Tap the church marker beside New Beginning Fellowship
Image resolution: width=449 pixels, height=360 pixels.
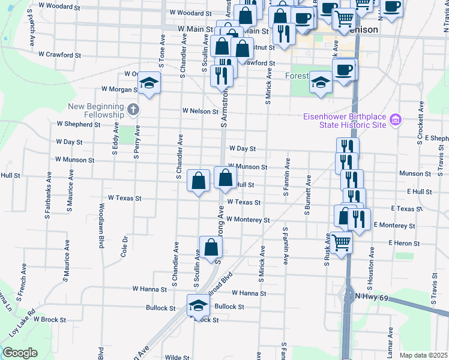[x=133, y=110]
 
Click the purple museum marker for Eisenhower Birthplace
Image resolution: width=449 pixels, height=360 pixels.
[x=395, y=121]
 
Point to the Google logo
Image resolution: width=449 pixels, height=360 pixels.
[x=20, y=353]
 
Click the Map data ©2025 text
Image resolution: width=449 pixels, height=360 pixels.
[x=423, y=355]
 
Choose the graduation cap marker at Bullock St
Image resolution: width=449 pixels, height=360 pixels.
[x=199, y=305]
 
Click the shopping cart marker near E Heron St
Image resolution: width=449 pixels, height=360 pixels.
[x=341, y=242]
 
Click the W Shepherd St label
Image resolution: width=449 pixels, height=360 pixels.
[x=79, y=124]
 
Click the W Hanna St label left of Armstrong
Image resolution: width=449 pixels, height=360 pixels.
[x=149, y=289]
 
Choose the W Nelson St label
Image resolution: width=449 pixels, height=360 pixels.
[x=200, y=112]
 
